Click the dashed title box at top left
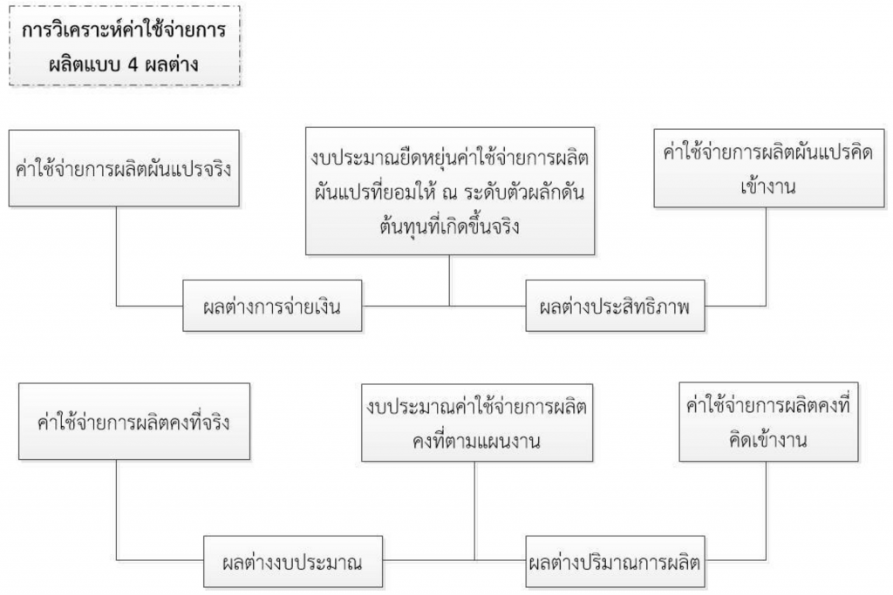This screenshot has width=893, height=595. pos(125,45)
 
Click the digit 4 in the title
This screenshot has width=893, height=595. pos(133,64)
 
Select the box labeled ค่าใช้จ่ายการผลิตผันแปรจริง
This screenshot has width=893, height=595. pos(124,168)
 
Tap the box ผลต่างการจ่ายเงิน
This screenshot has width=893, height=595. pos(272,306)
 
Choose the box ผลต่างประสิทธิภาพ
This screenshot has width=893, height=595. pos(615,306)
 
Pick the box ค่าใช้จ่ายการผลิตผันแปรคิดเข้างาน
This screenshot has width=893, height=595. pos(769,168)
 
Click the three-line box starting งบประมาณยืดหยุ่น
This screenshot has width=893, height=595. pos(450,191)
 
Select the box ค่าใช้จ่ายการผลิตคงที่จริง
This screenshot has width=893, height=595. pos(134,422)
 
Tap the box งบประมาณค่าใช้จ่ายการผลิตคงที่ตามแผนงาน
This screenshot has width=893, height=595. pos(477,422)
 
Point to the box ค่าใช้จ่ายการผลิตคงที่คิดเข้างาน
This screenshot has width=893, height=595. pos(768,422)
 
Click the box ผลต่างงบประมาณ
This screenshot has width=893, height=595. pos(293,561)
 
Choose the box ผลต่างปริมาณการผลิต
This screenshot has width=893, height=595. pos(615,561)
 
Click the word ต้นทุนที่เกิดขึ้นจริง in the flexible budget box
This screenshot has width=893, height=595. pos(449,227)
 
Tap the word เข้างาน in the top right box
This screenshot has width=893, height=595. pos(768,186)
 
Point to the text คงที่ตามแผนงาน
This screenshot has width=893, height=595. pos(477,441)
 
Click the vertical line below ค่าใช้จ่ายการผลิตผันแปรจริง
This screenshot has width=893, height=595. pos(117,256)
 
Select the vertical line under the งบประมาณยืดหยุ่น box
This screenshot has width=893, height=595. pos(450,281)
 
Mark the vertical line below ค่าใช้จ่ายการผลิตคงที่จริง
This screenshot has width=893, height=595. pos(117,510)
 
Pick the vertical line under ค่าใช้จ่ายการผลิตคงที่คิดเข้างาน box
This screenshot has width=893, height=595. pos(766,510)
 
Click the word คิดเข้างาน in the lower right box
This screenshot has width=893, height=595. pos(768,440)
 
